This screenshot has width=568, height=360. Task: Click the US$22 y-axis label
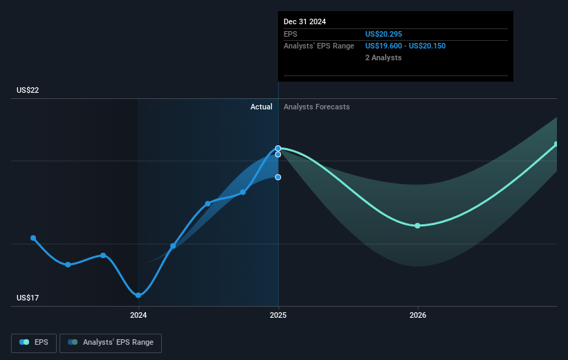coord(28,90)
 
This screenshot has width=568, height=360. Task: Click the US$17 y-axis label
coord(28,298)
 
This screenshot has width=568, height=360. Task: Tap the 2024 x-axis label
coord(138,316)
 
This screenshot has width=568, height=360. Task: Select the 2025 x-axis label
coord(278,316)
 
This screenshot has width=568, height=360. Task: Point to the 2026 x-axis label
coord(418,316)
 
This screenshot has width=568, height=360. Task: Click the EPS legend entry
coord(34,343)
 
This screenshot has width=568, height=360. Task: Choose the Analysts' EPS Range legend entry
coord(111,343)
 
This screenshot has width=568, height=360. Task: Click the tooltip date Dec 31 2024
coord(304,21)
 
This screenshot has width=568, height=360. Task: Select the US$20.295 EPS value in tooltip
coord(383,34)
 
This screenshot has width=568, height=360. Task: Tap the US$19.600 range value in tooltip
coord(383,46)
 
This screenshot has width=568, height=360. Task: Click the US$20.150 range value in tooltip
coord(427,46)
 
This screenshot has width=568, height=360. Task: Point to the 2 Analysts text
coord(383,57)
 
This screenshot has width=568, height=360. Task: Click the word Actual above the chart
coord(262,107)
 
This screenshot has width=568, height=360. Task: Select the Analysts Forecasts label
coord(317,107)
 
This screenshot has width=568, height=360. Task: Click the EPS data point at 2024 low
coord(138,296)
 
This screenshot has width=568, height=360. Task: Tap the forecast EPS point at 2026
coord(417,226)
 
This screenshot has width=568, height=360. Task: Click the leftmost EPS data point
coord(33,238)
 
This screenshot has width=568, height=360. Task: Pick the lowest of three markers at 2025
coord(278,177)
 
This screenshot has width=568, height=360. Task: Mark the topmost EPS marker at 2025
coord(278,148)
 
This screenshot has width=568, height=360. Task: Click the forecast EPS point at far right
coord(556,144)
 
